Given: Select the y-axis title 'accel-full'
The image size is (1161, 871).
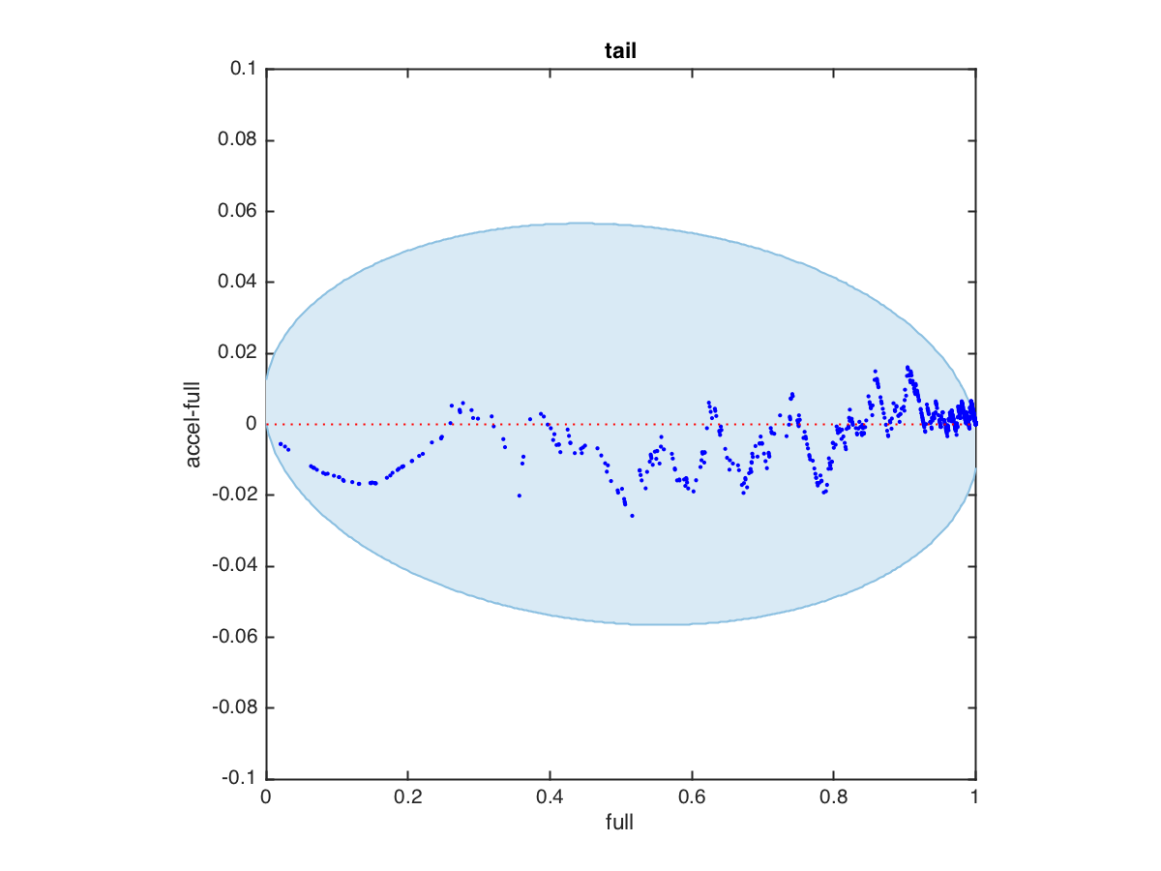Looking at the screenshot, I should (194, 424).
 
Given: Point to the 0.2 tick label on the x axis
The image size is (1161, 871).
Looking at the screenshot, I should (407, 798).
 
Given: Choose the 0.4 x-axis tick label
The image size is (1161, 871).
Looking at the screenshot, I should (550, 798).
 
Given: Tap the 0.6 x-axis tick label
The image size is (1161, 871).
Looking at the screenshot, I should (692, 798).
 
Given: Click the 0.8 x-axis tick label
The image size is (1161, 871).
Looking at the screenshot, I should (833, 798).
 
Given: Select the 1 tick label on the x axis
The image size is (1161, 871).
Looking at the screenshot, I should (975, 798).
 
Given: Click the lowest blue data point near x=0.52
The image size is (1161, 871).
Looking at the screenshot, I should (632, 516).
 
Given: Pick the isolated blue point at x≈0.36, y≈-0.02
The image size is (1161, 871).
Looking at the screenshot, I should (520, 496).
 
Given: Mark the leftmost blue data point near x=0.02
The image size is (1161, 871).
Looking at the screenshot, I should (280, 443).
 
